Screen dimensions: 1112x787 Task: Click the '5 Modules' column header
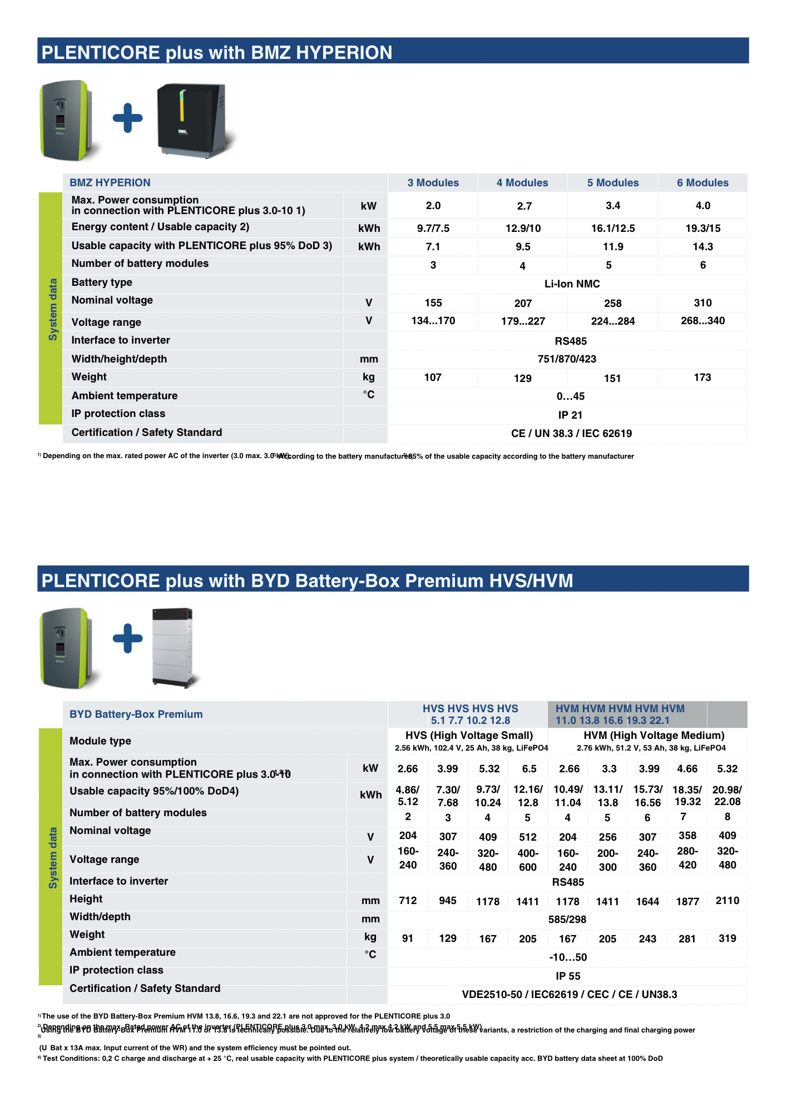(x=612, y=183)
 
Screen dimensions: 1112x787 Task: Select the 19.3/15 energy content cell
(x=702, y=229)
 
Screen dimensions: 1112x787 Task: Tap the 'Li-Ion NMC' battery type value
(x=572, y=284)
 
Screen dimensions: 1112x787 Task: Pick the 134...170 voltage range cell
(x=433, y=321)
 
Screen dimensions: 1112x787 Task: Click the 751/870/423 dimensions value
(x=567, y=359)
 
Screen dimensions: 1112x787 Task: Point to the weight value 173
(x=702, y=378)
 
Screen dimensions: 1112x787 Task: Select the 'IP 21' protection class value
(x=570, y=415)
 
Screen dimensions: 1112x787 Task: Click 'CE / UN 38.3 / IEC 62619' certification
(x=571, y=434)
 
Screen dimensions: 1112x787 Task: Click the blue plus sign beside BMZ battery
(x=128, y=118)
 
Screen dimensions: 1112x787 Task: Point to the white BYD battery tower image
(x=174, y=648)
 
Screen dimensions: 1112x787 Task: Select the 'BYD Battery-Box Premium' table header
(x=136, y=714)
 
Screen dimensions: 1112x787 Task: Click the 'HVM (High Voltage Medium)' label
(x=654, y=736)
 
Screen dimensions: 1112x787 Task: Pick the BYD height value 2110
(x=727, y=901)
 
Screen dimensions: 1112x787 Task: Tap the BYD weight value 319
(x=727, y=939)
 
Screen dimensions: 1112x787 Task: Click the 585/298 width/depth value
(x=567, y=920)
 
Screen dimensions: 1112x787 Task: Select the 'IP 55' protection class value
(x=568, y=976)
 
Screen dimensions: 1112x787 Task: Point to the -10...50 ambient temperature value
(x=568, y=957)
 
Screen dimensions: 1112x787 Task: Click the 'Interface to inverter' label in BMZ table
(x=121, y=340)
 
